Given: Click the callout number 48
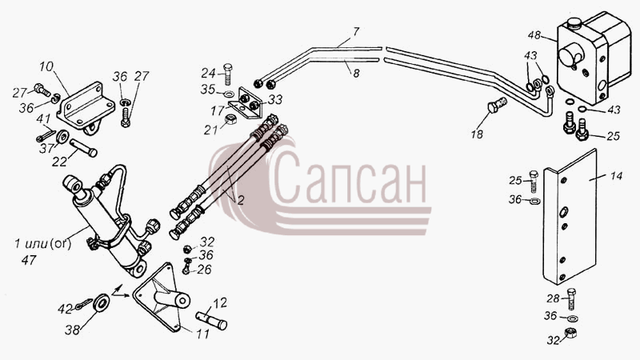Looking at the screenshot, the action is click(x=534, y=35).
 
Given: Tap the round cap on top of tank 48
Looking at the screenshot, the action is click(x=574, y=22).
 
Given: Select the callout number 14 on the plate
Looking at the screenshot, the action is click(x=616, y=176).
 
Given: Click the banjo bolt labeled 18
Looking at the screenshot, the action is click(x=497, y=106).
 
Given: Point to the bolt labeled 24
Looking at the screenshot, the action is click(x=228, y=74).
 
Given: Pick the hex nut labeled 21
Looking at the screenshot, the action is click(x=230, y=119).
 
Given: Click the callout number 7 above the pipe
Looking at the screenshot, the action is click(x=356, y=31).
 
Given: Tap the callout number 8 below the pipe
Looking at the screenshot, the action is click(x=356, y=74).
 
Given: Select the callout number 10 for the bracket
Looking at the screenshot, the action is click(x=46, y=66).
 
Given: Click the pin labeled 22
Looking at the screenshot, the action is click(x=83, y=147).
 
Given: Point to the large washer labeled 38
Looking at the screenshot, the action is click(x=101, y=302).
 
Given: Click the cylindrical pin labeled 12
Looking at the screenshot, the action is click(x=211, y=320).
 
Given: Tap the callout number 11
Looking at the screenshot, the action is click(x=202, y=334).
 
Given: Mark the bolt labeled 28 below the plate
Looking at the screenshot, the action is click(x=571, y=298).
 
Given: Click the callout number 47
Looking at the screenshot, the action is click(x=29, y=260).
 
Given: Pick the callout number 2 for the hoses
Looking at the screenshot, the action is click(x=241, y=200).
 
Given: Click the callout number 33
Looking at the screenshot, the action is click(x=274, y=99).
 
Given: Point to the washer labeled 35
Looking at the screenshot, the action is click(x=229, y=94).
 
